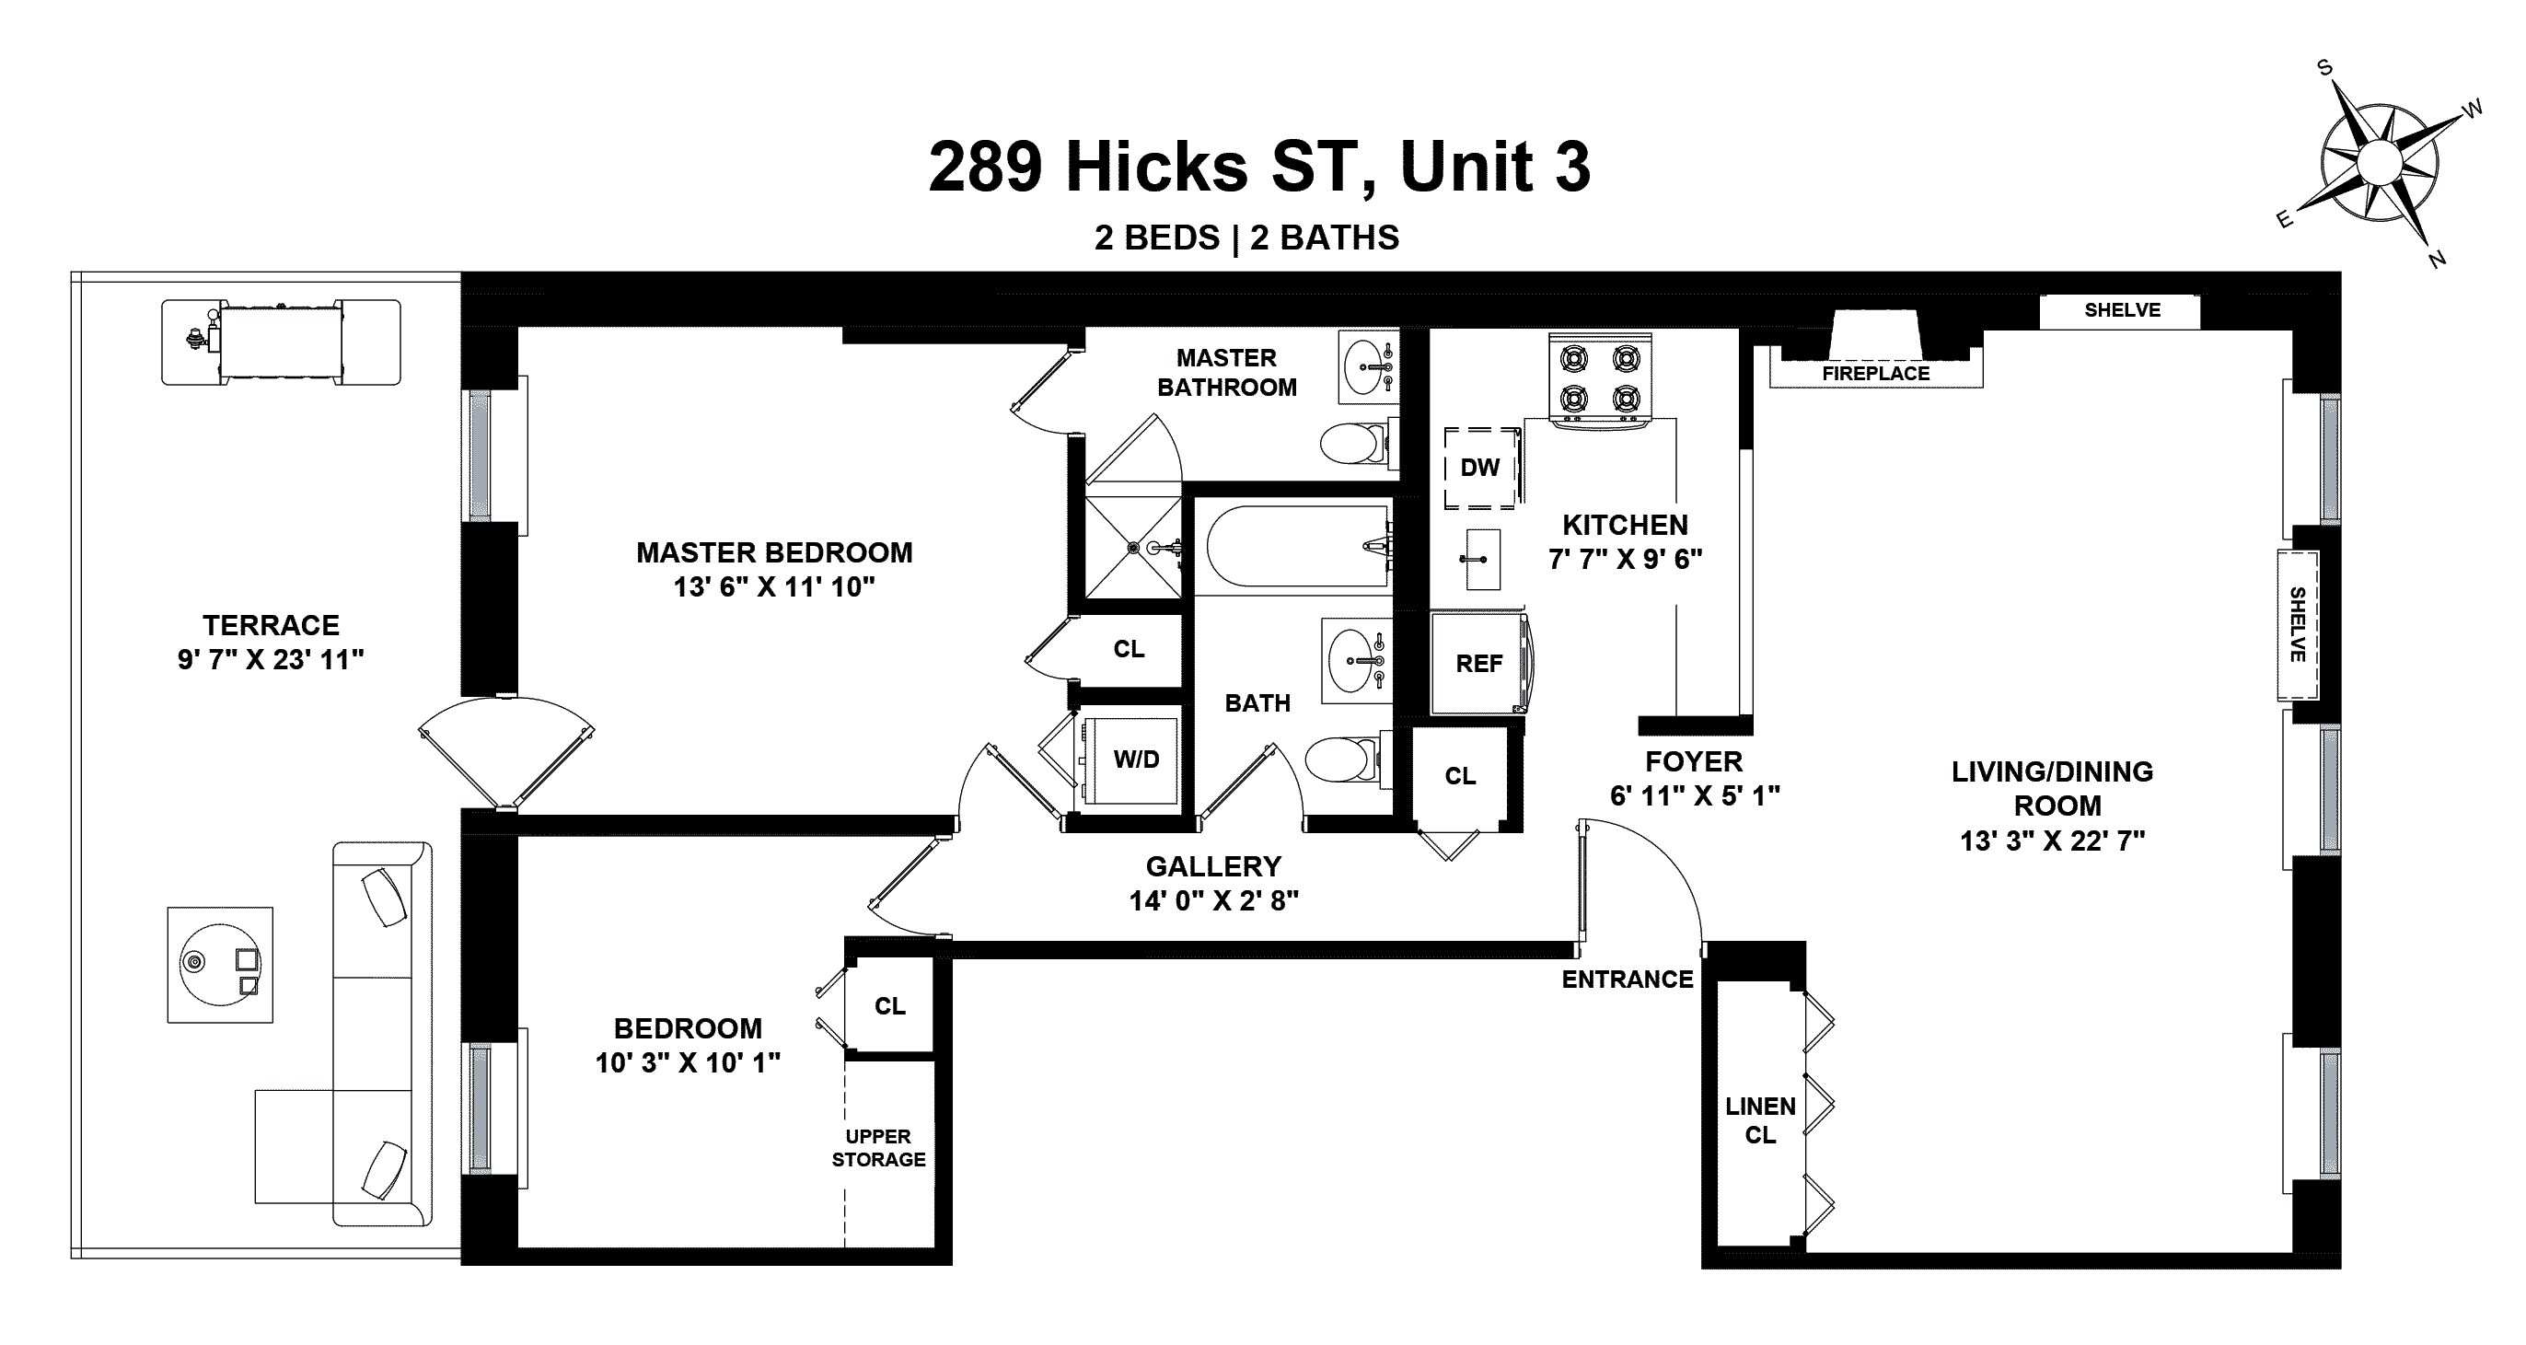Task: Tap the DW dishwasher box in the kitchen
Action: pyautogui.click(x=1479, y=468)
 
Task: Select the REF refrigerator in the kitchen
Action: pyautogui.click(x=1478, y=664)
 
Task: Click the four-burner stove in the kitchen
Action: pyautogui.click(x=1600, y=381)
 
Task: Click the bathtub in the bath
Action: pyautogui.click(x=1297, y=546)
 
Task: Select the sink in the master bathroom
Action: pyautogui.click(x=1369, y=367)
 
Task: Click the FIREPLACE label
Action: pyautogui.click(x=1876, y=374)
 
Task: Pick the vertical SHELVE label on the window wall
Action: pyautogui.click(x=2297, y=624)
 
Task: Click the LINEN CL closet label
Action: pyautogui.click(x=1760, y=1120)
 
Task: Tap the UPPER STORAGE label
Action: pyautogui.click(x=878, y=1148)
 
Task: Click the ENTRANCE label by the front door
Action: pyautogui.click(x=1628, y=980)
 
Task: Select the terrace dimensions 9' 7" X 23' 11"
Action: pyautogui.click(x=271, y=660)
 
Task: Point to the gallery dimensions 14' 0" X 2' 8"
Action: pyautogui.click(x=1214, y=901)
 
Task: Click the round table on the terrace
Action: pyautogui.click(x=220, y=965)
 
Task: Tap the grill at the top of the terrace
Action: pyautogui.click(x=282, y=342)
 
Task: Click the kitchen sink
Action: pyautogui.click(x=1483, y=559)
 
